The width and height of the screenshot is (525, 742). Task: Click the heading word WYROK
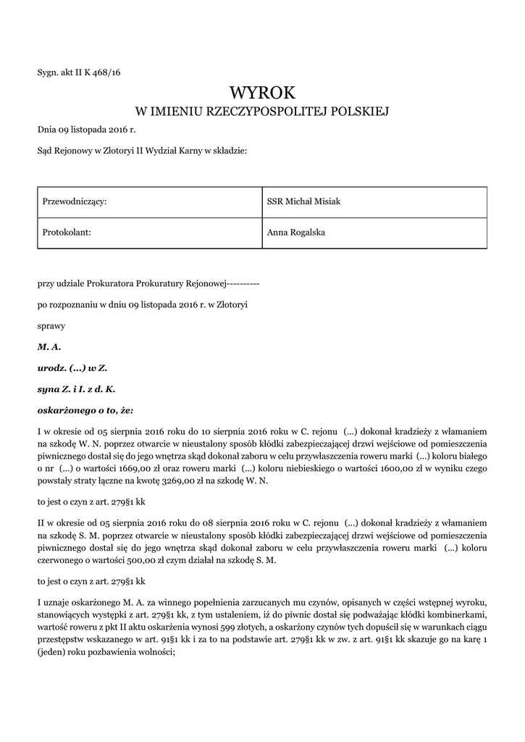(x=262, y=93)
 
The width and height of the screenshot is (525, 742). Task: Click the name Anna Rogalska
(x=295, y=233)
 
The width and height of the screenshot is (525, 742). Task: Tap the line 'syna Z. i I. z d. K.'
(x=76, y=388)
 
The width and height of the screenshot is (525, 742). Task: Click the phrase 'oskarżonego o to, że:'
(x=85, y=409)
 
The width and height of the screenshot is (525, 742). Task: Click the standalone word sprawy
(x=51, y=326)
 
